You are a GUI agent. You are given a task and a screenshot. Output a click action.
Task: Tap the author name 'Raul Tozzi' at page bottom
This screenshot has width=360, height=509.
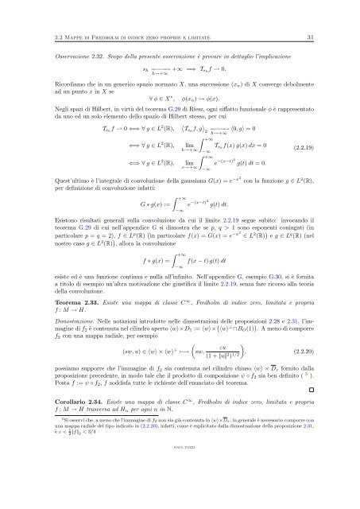[180, 492]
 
